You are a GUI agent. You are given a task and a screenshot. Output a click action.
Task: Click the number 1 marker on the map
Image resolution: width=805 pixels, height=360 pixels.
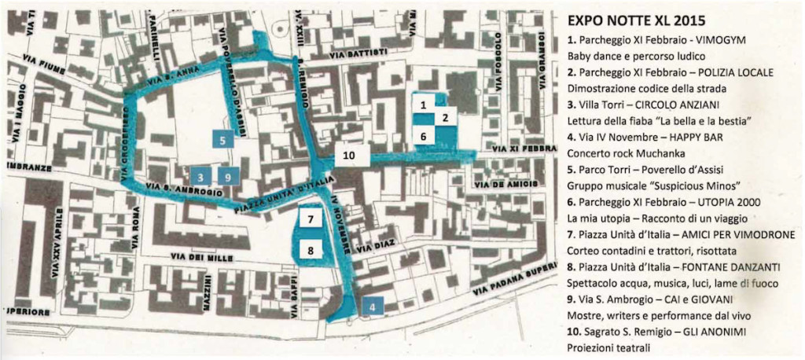423,104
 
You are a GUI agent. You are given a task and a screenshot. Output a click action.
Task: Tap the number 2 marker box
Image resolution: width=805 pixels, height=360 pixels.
445,118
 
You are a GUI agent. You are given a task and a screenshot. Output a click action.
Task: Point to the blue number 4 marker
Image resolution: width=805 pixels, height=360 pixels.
372,305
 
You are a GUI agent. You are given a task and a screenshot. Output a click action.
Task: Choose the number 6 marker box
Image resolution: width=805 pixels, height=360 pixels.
423,136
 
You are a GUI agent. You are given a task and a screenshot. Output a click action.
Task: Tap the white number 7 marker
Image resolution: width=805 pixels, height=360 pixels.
311,219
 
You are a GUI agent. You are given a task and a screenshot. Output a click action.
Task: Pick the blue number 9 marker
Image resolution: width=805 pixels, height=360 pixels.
226,177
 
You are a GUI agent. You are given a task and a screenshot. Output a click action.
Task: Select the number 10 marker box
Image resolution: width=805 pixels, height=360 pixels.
349,155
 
